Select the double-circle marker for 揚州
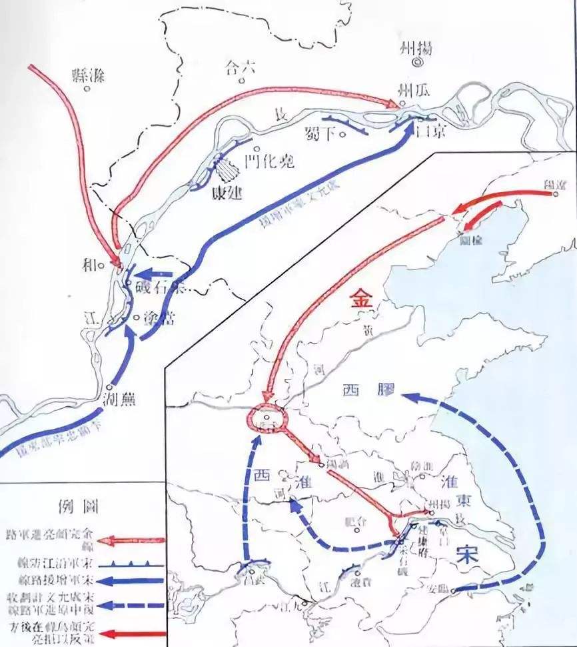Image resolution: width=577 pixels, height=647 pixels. pos(417,62)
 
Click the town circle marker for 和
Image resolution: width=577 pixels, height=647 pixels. pos(102,265)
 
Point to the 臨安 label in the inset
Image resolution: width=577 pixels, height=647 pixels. pos(436,588)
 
